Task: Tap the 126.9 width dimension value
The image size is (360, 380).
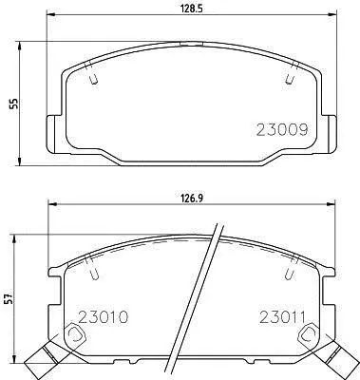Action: coord(192,199)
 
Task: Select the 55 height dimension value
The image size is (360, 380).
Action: coord(14,104)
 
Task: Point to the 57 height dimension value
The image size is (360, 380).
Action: coord(9,298)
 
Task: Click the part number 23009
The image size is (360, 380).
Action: coord(282,129)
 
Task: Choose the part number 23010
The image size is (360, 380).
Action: coord(104,316)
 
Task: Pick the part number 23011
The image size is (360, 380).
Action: coord(282,316)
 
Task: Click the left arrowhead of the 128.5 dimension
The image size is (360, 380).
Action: coord(51,14)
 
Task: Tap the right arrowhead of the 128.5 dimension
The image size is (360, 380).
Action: coord(332,14)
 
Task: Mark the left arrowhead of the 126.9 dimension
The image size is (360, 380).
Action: coord(52,204)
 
